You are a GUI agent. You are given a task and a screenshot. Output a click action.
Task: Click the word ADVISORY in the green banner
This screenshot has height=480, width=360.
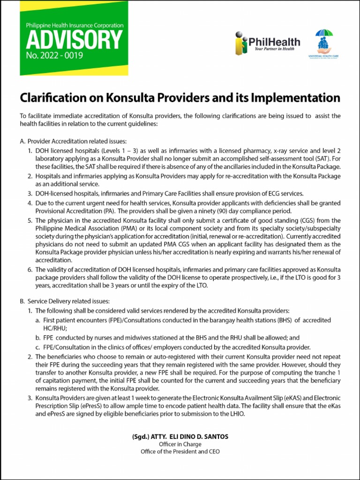click(74, 41)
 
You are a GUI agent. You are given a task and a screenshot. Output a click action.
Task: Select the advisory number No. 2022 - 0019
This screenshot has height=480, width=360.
click(54, 56)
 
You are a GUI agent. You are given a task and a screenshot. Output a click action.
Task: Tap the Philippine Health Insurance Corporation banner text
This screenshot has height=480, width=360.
click(75, 25)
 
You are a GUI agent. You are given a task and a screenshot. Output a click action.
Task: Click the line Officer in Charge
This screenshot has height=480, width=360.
click(180, 444)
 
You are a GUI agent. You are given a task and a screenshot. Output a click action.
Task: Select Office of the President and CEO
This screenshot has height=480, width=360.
click(180, 452)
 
